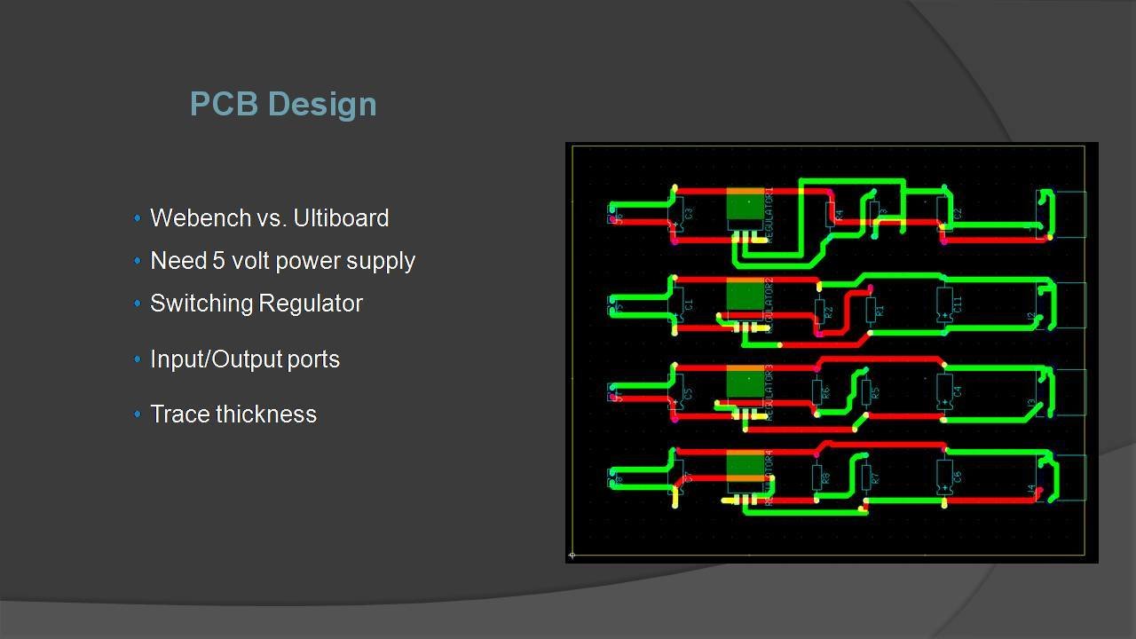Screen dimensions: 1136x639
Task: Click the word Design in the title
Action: (322, 105)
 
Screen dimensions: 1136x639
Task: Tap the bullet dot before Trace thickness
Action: (138, 414)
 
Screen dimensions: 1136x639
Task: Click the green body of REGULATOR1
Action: (745, 209)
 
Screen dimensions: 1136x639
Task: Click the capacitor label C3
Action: (690, 214)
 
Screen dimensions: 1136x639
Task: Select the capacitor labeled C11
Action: (946, 304)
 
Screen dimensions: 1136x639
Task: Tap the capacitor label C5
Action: (688, 392)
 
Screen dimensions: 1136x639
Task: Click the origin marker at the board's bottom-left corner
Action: (572, 556)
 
